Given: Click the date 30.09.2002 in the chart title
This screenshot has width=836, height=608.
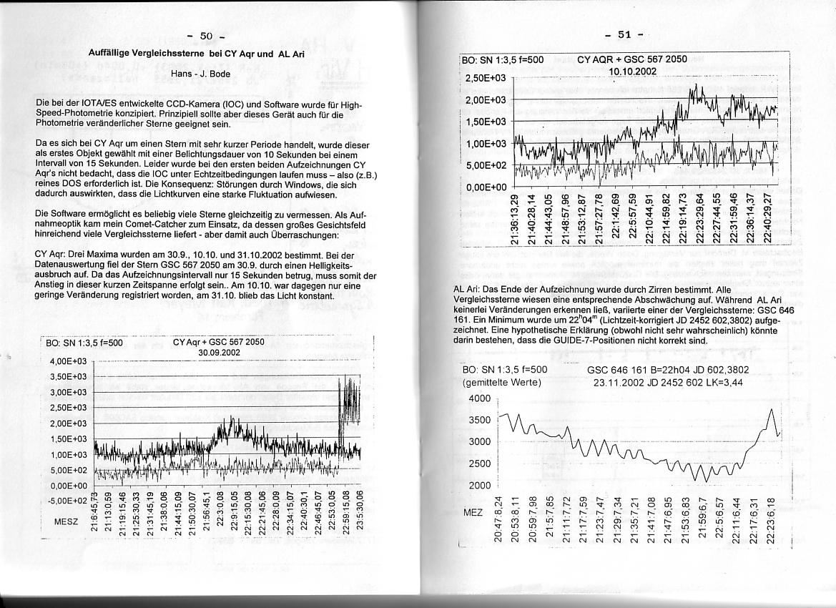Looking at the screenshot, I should [x=219, y=352].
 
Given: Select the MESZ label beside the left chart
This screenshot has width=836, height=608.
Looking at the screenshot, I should [x=66, y=521].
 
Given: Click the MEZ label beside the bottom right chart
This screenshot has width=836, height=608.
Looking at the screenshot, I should [x=473, y=513].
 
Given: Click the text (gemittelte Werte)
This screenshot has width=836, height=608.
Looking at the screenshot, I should [x=502, y=382].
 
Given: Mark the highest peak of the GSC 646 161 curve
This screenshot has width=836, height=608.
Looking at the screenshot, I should [x=771, y=408].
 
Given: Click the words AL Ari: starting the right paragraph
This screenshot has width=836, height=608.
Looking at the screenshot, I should [x=469, y=288].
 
